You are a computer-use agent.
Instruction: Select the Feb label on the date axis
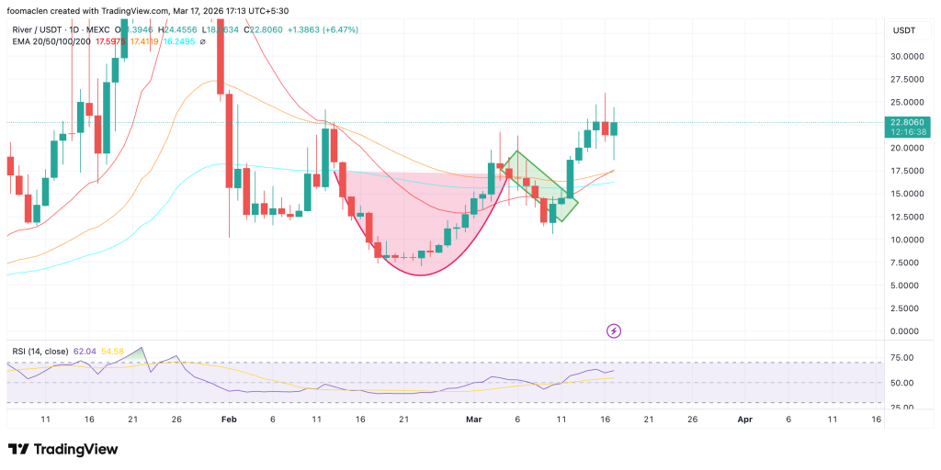pyautogui.click(x=228, y=418)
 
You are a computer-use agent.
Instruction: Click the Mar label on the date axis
pyautogui.click(x=474, y=418)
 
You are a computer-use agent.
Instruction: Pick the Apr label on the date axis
pyautogui.click(x=744, y=418)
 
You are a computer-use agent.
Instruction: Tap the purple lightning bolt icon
pyautogui.click(x=614, y=330)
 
